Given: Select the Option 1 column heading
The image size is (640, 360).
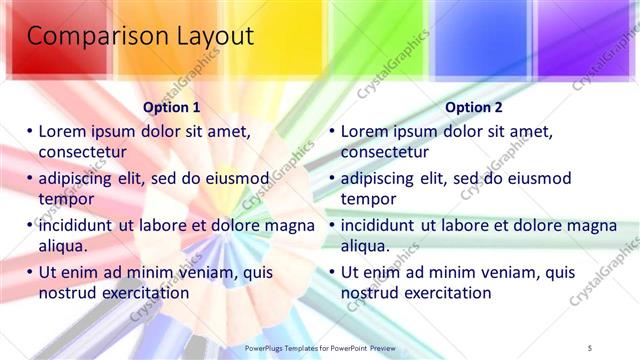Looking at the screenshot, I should point(172,107).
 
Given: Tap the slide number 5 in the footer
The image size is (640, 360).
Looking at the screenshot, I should point(591,346).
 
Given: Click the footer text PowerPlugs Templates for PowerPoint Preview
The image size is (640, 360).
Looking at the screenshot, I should point(319,346).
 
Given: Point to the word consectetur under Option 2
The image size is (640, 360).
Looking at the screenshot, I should point(385,152).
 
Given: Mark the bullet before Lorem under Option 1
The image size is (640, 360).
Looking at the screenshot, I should point(30,131).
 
